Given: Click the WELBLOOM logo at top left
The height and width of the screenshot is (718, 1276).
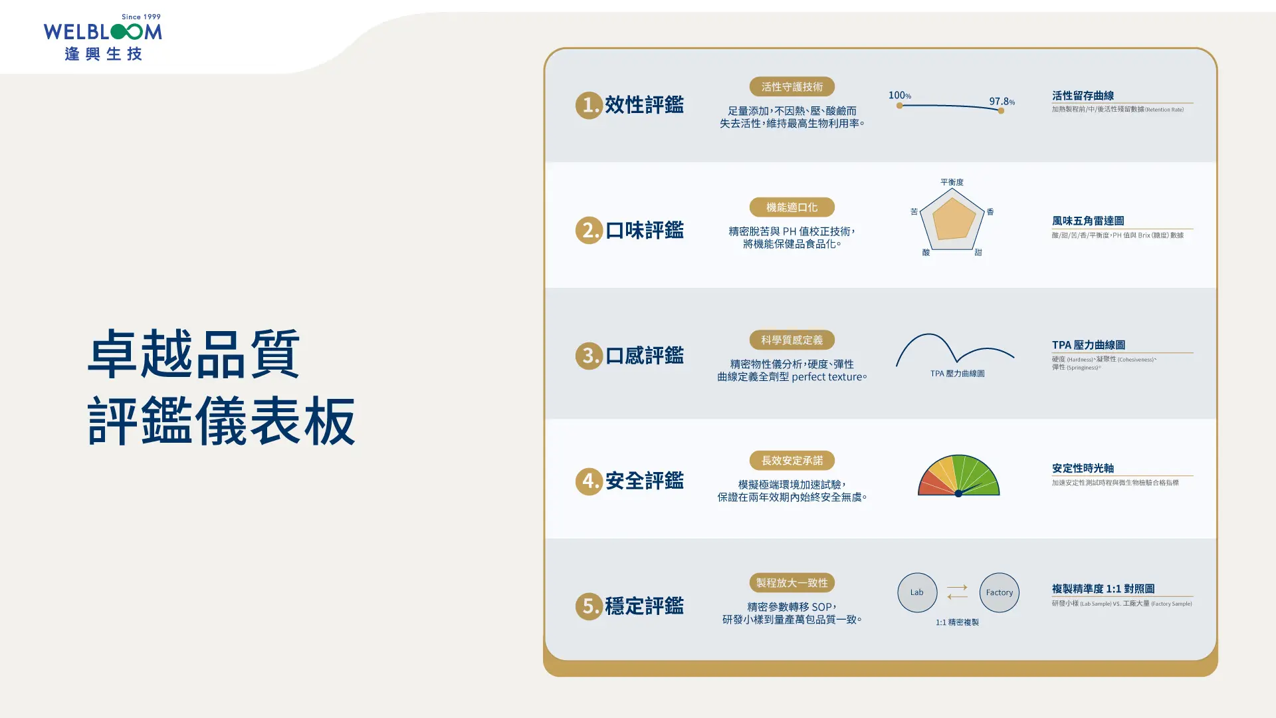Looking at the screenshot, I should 102,38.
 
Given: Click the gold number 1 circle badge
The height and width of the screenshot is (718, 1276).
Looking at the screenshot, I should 589,105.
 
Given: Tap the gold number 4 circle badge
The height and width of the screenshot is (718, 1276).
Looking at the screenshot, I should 589,481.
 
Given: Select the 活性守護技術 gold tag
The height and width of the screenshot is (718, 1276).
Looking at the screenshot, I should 792,87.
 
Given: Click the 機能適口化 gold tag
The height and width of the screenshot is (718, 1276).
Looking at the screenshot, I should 792,207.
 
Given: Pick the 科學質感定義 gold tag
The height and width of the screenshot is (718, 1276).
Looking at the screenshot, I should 792,340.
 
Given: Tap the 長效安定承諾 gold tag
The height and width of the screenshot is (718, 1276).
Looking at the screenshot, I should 792,461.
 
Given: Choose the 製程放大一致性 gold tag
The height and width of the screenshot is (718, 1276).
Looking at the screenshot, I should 792,583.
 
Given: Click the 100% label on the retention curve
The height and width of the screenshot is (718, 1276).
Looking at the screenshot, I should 899,96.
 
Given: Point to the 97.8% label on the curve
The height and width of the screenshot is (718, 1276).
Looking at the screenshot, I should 1002,101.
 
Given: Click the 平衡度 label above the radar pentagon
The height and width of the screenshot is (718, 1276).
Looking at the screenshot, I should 952,182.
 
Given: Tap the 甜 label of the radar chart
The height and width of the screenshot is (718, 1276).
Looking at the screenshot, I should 978,253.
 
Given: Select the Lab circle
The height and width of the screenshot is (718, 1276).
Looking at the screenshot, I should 917,592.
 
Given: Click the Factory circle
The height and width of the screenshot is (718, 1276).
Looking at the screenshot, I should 999,592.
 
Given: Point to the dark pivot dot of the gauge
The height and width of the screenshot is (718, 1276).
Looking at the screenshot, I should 958,493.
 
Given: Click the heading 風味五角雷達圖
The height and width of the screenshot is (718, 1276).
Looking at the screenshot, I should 1088,221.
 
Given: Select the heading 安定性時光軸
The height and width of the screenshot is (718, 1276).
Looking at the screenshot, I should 1083,468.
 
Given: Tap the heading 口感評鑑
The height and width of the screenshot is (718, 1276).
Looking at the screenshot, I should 644,356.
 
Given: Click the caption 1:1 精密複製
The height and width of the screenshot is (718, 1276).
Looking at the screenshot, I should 957,622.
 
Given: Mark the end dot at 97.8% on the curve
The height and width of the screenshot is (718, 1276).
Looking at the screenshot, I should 1001,111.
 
